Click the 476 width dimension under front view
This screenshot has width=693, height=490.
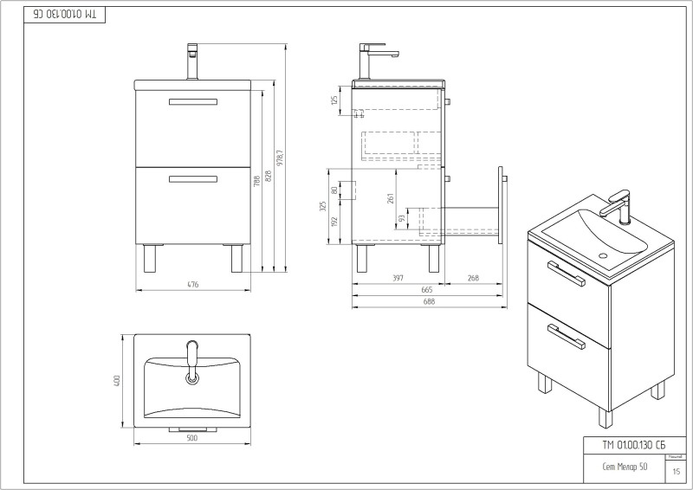tap(194, 284)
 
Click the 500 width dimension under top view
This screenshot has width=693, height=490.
tap(192, 438)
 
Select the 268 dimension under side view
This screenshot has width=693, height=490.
tap(472, 278)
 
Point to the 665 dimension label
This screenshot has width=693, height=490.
tap(427, 289)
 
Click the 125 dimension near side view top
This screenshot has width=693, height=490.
tap(334, 100)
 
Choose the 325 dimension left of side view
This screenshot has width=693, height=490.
tap(322, 207)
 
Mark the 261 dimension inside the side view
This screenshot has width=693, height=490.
tap(392, 199)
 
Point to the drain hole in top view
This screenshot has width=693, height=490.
tap(192, 377)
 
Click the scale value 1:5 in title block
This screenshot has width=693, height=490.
tap(676, 471)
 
